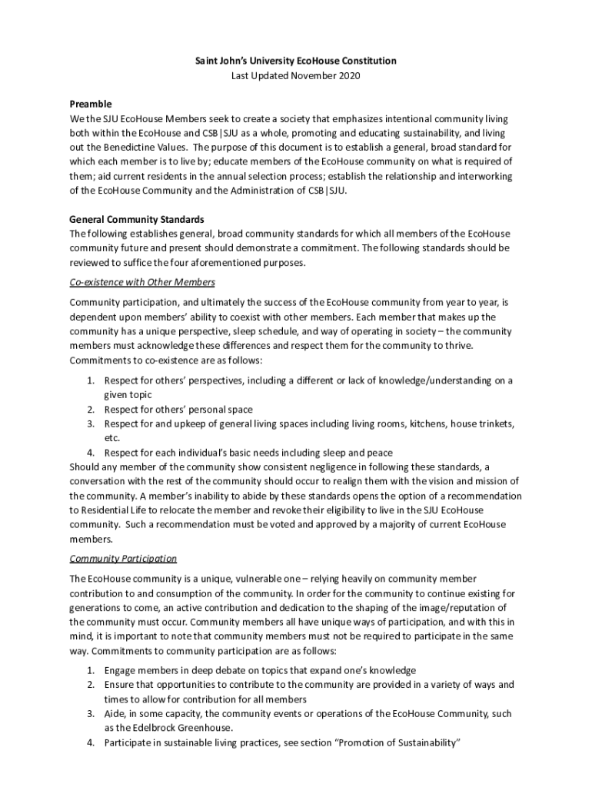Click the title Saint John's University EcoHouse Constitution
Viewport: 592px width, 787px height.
pos(296,60)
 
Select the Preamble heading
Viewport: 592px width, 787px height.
pos(91,104)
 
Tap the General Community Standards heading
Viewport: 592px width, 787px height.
pos(137,219)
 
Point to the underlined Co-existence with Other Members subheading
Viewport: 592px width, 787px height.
pos(142,282)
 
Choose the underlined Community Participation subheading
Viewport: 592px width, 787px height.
pos(123,559)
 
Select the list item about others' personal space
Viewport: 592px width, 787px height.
pos(178,410)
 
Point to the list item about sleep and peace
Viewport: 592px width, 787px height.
pos(248,453)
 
